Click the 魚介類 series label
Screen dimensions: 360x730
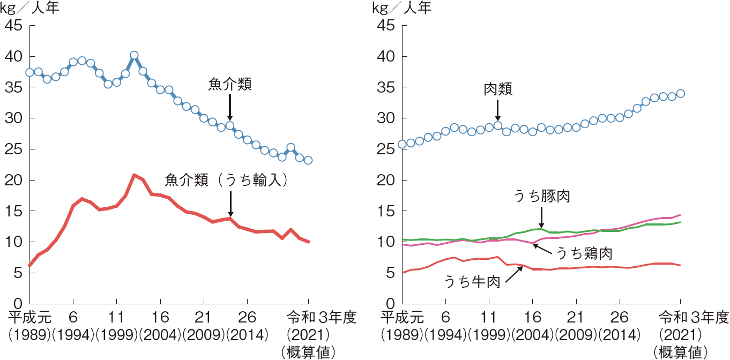click(x=230, y=85)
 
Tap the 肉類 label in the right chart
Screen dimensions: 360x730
click(x=498, y=89)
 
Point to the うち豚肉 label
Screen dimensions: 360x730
click(x=541, y=197)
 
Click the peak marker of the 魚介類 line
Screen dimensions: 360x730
click(x=134, y=55)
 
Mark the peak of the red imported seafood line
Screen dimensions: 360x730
click(x=134, y=175)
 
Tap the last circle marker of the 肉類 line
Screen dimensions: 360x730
click(x=681, y=93)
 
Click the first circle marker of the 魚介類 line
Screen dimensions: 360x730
click(x=30, y=72)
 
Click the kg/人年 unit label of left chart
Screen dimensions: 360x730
click(x=32, y=9)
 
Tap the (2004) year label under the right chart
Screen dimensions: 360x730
click(x=532, y=335)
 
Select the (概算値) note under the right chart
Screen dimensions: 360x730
click(x=680, y=352)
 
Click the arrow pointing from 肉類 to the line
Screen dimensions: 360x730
click(x=497, y=110)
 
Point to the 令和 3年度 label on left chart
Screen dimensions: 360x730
click(x=322, y=317)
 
